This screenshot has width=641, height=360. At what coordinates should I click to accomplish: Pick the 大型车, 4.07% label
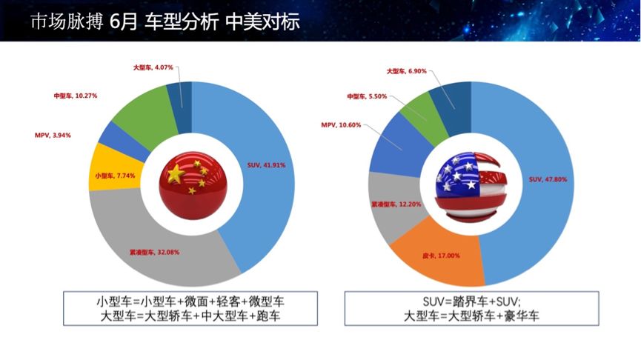[153, 67]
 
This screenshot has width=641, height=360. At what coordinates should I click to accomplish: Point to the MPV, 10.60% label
[341, 124]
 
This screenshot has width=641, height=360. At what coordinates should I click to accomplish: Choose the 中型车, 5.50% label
[366, 96]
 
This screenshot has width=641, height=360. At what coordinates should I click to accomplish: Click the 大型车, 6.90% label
[407, 71]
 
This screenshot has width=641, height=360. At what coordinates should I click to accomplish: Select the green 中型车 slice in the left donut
[137, 109]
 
